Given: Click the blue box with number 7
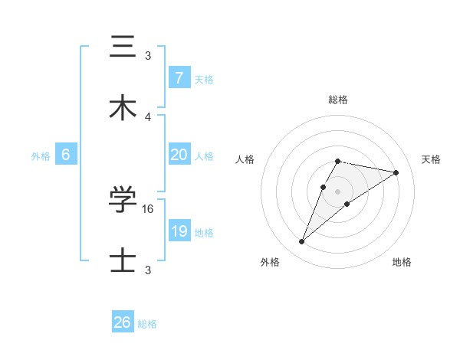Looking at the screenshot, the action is (x=179, y=78).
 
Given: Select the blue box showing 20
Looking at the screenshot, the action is (x=179, y=155).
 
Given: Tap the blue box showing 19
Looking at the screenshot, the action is (x=179, y=231).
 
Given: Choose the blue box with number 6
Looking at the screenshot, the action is (x=66, y=155).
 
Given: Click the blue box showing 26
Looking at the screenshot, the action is (x=123, y=322).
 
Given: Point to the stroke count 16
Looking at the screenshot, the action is (x=149, y=208).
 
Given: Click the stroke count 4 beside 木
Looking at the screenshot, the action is (x=148, y=116).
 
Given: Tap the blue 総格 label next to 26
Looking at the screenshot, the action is (x=147, y=324).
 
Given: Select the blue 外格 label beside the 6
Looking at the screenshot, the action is (x=41, y=156).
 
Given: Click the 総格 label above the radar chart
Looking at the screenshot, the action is (x=337, y=100).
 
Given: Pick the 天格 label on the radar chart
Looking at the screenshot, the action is (x=431, y=159).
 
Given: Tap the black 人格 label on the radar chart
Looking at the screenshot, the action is (x=245, y=159).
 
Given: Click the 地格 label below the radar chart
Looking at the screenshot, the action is (x=402, y=262).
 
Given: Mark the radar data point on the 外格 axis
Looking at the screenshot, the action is (x=301, y=242).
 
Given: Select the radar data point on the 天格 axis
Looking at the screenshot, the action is (x=396, y=172).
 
